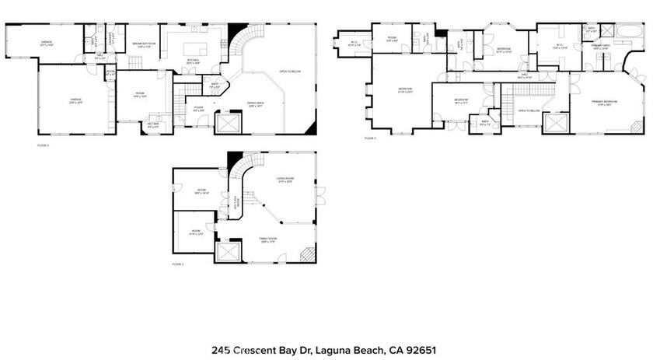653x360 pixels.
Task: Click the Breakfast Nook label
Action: click(145, 45)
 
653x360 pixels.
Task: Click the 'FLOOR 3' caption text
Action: click(370, 138)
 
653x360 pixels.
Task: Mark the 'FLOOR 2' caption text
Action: click(43, 145)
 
